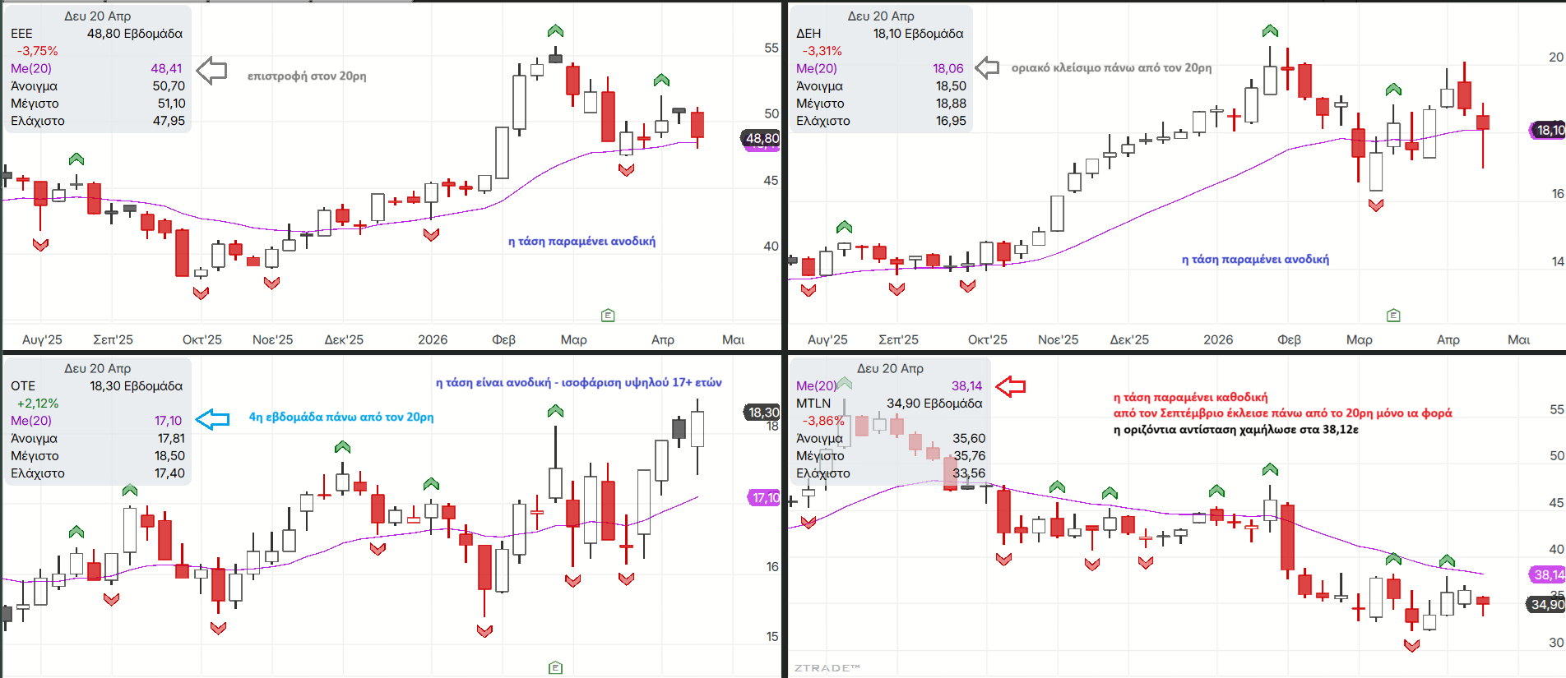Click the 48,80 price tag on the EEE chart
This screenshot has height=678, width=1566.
coord(762,138)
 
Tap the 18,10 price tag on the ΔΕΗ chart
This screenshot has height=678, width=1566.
coord(1550,130)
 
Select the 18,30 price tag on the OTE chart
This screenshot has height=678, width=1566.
coord(762,412)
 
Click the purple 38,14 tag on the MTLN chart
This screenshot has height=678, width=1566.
coord(1548,574)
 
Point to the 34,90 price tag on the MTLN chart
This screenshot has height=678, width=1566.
coord(1546,604)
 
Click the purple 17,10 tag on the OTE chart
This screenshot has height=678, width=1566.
coord(765,497)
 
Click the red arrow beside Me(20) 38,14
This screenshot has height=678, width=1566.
coord(1011,386)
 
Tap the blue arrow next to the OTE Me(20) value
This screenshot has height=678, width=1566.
coord(213,419)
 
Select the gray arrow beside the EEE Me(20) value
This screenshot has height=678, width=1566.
coord(212,71)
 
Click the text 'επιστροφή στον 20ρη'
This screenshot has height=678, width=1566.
coord(307,76)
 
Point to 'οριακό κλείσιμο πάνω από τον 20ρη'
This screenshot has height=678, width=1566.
coord(1111,68)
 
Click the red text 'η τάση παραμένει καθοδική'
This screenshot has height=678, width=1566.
coord(1190,398)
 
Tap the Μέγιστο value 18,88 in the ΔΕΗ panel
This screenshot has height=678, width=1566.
coord(951,104)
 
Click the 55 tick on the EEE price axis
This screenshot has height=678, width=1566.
coord(771,48)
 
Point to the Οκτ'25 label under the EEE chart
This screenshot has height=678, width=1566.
coord(202,339)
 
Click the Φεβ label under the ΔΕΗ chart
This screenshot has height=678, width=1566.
coord(1289,339)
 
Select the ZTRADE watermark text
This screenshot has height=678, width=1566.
coord(827,668)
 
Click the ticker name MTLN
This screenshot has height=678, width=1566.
coord(813,404)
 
